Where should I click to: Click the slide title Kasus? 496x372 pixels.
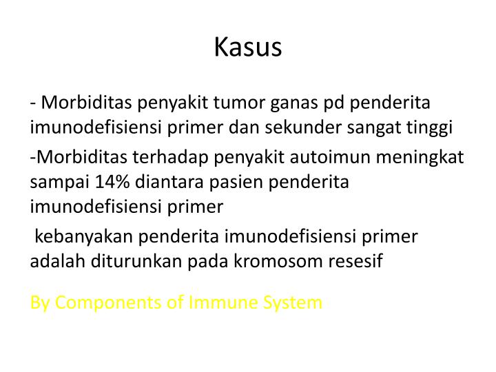click(x=248, y=47)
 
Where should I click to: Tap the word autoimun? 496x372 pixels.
click(x=330, y=157)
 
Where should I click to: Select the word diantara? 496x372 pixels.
click(x=169, y=182)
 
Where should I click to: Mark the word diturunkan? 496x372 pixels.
click(x=136, y=261)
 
